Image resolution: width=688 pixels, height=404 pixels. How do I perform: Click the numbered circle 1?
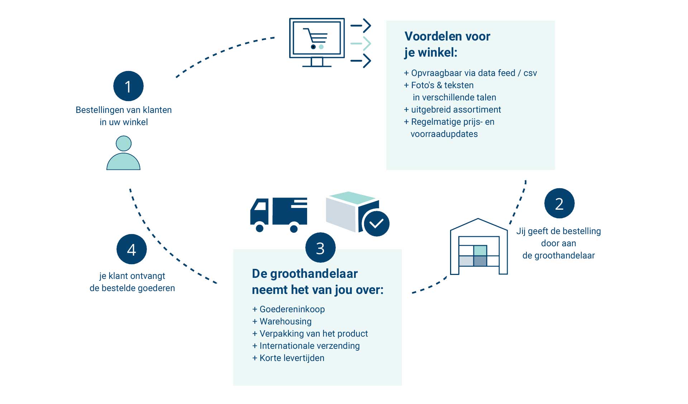(x=128, y=86)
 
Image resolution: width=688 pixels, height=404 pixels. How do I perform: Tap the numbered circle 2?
(x=559, y=204)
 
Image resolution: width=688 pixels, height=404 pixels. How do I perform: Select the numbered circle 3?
(x=320, y=248)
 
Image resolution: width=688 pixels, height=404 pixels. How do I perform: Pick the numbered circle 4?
(x=132, y=249)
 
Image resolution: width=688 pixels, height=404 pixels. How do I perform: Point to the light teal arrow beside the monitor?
(x=361, y=43)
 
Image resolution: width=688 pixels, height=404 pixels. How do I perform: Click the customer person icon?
(x=123, y=153)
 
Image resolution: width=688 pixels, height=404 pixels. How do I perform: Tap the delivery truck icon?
(x=279, y=214)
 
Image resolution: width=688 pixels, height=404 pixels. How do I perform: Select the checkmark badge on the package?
(x=376, y=224)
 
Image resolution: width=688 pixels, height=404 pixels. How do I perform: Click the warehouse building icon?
(x=479, y=247)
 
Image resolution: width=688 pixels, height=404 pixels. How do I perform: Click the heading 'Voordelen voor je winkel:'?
(x=447, y=44)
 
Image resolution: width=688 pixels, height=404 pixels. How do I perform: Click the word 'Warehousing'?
(x=286, y=322)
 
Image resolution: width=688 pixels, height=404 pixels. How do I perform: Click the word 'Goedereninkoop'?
(x=292, y=309)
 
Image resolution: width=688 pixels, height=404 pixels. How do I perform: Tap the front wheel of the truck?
(x=260, y=228)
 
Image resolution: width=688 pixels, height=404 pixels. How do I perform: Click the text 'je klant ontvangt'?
(x=132, y=276)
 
